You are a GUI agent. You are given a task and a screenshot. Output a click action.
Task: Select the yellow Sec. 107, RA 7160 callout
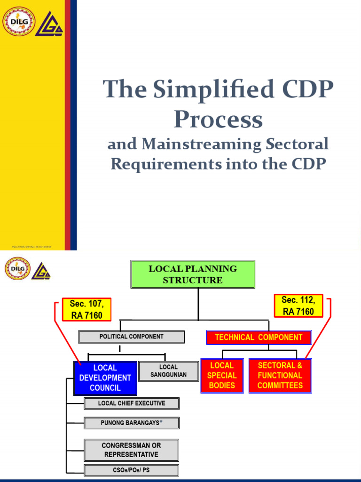(x=86, y=310)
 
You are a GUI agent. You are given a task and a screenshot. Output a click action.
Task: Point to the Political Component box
(x=132, y=337)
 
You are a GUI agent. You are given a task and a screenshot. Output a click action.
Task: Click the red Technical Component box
(x=259, y=337)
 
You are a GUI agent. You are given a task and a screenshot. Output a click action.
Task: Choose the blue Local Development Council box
(x=105, y=378)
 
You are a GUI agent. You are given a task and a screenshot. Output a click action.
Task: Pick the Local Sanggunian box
(x=168, y=371)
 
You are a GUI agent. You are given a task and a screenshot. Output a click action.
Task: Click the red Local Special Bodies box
(x=221, y=376)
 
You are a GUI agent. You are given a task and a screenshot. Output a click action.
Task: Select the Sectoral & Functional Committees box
(x=280, y=376)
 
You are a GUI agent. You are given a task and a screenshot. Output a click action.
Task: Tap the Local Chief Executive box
(x=132, y=403)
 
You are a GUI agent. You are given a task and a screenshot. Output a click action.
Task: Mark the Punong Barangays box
(x=132, y=423)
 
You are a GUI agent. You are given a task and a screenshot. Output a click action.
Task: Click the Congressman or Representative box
(x=131, y=450)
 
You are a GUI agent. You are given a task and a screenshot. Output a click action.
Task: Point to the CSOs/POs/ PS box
(x=131, y=470)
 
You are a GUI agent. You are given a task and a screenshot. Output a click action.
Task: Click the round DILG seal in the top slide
(x=19, y=21)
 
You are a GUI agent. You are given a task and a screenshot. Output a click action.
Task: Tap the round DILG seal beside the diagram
(x=17, y=269)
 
